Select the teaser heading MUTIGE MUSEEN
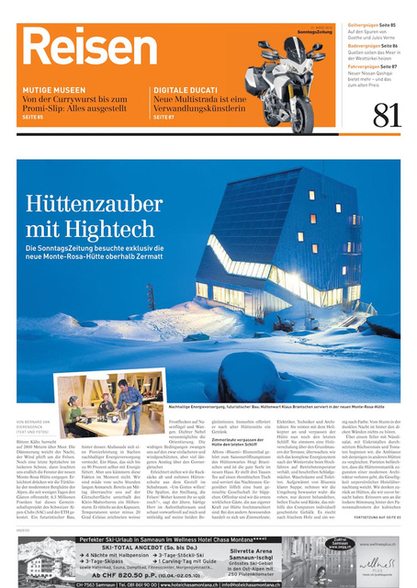tap(51, 89)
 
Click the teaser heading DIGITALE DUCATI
tap(184, 89)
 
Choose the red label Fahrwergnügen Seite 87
tap(371, 66)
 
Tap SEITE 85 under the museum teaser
tap(33, 118)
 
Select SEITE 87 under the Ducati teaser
tap(163, 118)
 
